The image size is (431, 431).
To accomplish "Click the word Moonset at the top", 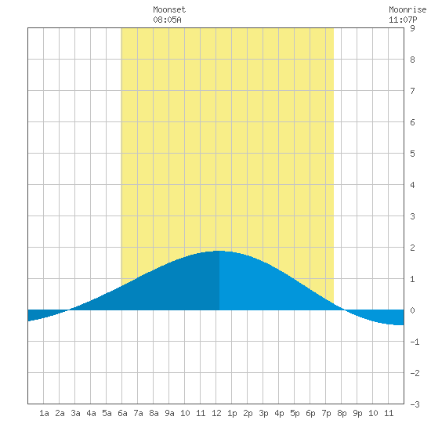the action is point(169,9).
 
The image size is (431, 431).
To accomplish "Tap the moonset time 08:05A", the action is point(167,20).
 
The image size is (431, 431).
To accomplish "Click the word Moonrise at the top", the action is point(407,9).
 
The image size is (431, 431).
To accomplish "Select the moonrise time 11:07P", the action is point(403,20).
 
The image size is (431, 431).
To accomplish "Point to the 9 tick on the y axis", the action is point(412,28).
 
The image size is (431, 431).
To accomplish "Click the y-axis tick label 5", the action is point(412,154).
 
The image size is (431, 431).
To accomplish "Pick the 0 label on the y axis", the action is point(412,310).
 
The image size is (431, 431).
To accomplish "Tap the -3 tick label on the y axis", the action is point(415,404).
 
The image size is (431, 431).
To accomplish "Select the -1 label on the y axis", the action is point(415,342).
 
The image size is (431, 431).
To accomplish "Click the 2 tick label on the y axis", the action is point(412,248).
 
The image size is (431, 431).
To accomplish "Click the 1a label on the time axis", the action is point(44,413).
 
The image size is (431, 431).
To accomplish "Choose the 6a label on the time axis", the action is point(122,413).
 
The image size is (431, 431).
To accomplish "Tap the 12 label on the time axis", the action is point(216,413).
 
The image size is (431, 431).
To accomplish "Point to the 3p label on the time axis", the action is point(263,413).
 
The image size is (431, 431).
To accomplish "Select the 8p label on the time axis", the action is point(342,413).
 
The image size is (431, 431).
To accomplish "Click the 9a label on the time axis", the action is point(169,413).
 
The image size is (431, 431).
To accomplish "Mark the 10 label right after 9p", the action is point(373,413).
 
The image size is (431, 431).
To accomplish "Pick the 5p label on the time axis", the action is point(295,413).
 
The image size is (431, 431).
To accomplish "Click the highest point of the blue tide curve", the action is point(219,251).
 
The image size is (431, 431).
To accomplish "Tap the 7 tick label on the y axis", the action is point(412,91).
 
